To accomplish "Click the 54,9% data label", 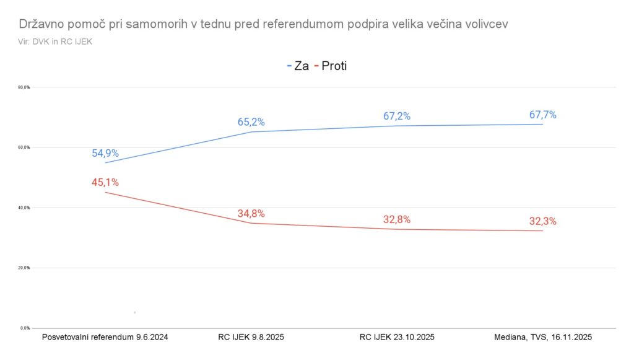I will point(105,154).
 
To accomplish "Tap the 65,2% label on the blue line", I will point(251,122).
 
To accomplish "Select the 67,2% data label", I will point(397,116).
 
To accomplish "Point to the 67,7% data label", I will point(543,115).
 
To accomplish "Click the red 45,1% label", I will point(105,182).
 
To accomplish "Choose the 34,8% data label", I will point(251,214).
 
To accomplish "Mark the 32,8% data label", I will point(397,219).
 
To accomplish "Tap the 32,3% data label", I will point(543,221).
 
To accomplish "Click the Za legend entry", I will point(298,66).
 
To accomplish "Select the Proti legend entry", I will point(331,66).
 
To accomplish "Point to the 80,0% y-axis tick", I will point(24,87).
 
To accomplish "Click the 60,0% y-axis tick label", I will point(24,147).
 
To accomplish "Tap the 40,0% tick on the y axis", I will point(24,208).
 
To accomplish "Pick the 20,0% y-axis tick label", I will point(24,268).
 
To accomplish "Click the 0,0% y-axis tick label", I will point(25,328).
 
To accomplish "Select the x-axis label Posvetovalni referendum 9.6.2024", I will point(105,338).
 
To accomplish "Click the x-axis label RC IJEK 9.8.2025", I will point(251,338).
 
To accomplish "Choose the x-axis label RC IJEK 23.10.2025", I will point(397,338).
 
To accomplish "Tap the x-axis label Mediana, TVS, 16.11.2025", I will point(543,338).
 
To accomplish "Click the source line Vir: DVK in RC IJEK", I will point(55,41).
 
